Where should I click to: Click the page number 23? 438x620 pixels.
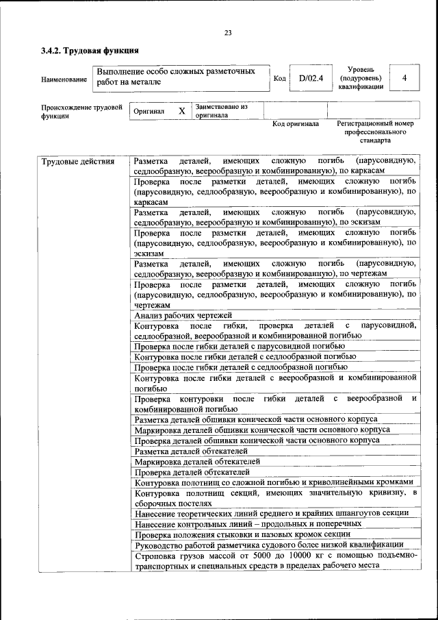coord(228,32)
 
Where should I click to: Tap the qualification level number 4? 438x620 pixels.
coord(404,78)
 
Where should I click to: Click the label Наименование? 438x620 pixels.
coord(64,79)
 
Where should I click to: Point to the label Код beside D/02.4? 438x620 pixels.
coord(279,79)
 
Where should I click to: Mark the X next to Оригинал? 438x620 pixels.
coord(181,111)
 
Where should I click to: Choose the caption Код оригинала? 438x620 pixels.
coord(296,124)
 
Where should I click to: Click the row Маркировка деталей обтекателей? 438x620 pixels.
coord(196,461)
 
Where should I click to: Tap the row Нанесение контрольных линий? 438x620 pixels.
coord(248,523)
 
